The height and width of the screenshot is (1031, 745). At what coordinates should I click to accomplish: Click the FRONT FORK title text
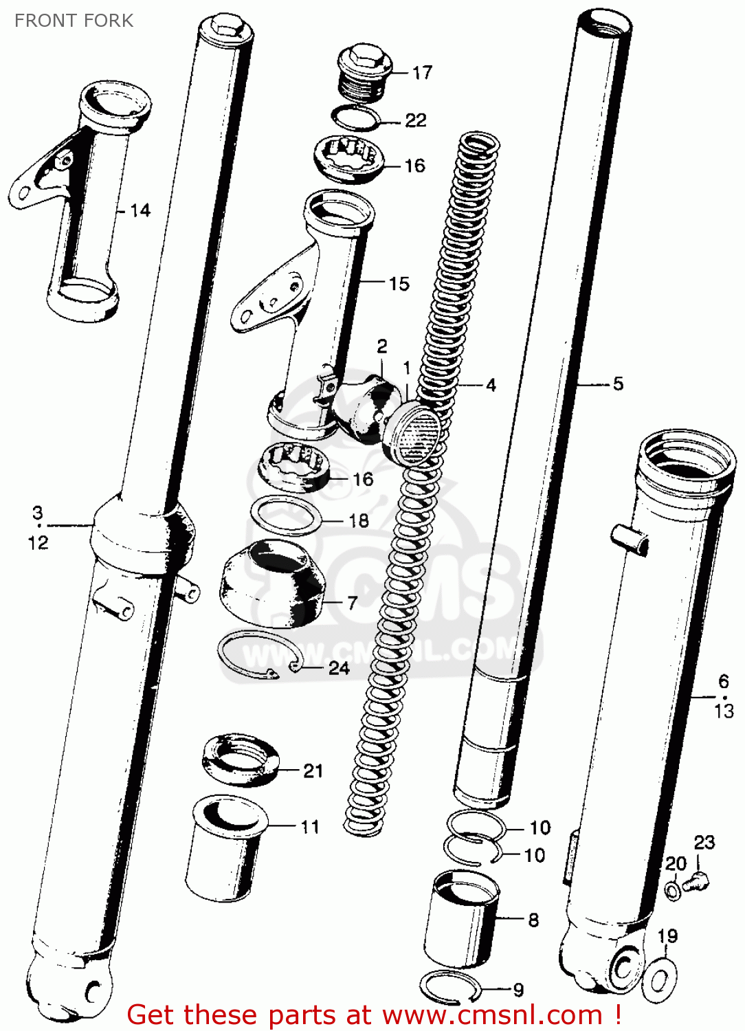[x=74, y=21]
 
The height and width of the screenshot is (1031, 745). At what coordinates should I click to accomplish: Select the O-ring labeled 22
[x=356, y=118]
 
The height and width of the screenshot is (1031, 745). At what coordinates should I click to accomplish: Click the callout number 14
[x=140, y=210]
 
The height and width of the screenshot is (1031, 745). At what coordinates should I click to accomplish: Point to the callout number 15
[x=399, y=283]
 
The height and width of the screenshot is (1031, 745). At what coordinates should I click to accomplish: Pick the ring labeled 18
[x=286, y=516]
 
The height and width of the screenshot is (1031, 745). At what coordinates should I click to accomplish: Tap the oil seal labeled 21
[x=241, y=761]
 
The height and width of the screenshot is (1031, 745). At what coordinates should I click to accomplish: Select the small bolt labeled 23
[x=698, y=880]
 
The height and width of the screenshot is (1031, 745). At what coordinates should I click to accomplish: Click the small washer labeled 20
[x=674, y=891]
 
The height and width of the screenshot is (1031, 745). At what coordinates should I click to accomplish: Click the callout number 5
[x=618, y=384]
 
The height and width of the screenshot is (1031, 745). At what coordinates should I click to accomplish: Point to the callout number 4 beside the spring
[x=491, y=385]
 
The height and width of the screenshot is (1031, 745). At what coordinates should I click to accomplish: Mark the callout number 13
[x=724, y=711]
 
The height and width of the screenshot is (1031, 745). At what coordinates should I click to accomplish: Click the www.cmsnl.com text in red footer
[x=492, y=1015]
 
